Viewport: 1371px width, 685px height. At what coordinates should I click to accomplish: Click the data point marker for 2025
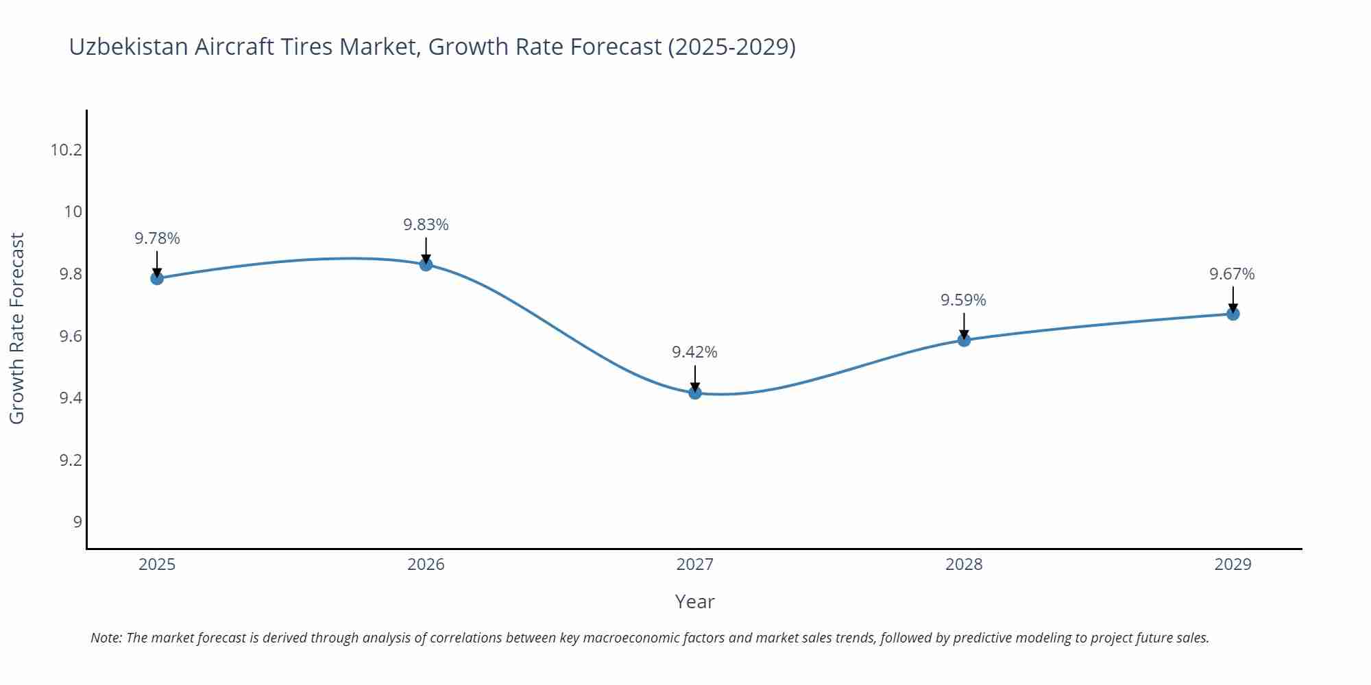point(157,278)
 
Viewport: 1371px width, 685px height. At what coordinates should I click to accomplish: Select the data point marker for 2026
point(426,264)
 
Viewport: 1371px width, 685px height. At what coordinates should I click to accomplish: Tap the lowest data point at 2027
point(695,393)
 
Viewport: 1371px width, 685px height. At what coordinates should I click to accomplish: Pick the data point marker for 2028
point(964,340)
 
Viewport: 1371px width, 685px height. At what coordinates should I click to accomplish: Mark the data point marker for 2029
point(1233,314)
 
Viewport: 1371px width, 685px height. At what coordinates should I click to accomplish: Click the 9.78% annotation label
point(157,238)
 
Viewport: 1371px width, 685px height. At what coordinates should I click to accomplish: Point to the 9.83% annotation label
point(426,225)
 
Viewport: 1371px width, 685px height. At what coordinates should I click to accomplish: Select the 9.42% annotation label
point(694,352)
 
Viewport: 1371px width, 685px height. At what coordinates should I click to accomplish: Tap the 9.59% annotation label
point(963,300)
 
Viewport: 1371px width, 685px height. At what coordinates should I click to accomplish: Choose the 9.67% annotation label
point(1232,274)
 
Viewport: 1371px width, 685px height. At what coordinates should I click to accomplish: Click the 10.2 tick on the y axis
point(66,149)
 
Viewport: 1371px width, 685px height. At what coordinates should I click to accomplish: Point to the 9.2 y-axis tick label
point(71,460)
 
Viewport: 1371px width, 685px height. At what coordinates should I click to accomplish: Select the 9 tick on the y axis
point(77,522)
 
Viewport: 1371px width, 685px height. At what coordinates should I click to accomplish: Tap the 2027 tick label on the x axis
point(694,564)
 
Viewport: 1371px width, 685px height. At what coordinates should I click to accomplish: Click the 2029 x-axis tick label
point(1233,564)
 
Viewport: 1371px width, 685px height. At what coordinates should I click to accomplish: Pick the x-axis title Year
point(694,601)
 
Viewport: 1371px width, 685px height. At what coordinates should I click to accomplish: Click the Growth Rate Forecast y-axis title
point(17,328)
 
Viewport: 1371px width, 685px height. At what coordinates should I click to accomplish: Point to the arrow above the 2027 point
point(695,377)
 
